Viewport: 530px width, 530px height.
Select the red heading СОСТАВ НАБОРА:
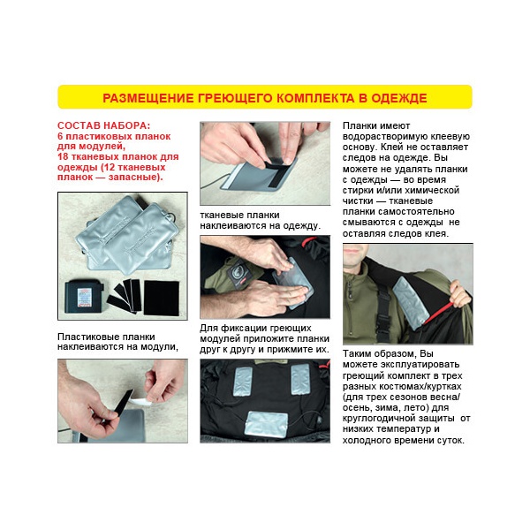click(x=103, y=125)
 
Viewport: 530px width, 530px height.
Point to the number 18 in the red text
click(x=63, y=157)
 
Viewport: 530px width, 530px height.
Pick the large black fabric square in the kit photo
click(x=162, y=299)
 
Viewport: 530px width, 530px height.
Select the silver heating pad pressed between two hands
click(x=293, y=284)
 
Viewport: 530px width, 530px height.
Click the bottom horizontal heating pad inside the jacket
click(x=266, y=424)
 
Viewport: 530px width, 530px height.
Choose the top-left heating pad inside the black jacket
click(x=243, y=382)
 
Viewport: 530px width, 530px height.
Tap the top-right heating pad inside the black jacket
click(x=300, y=379)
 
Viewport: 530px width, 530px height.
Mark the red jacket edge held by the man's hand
click(x=439, y=313)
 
